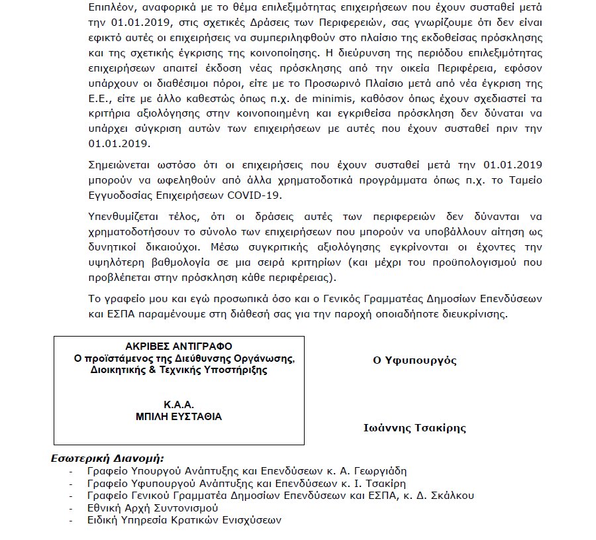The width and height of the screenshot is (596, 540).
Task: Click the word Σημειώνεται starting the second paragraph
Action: (x=119, y=164)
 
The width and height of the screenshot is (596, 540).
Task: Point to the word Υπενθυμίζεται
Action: (x=123, y=216)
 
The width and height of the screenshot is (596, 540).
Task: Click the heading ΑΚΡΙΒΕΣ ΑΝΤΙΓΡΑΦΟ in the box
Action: (x=179, y=347)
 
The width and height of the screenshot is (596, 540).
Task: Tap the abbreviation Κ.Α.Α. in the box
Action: (x=179, y=405)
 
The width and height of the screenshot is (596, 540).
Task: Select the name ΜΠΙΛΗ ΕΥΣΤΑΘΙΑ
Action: (x=179, y=417)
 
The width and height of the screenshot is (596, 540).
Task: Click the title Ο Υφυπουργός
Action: (x=415, y=360)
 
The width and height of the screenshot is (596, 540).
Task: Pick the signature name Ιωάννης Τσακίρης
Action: (x=415, y=428)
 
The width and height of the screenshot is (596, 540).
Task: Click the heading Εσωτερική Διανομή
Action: (x=107, y=458)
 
